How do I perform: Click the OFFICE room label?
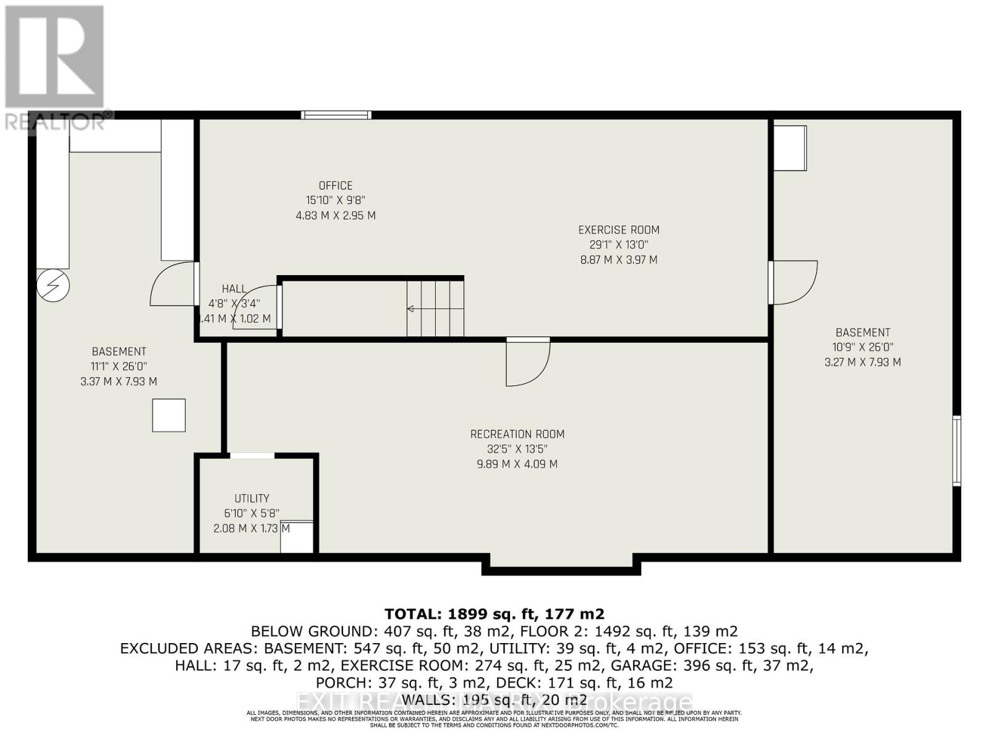point(336,185)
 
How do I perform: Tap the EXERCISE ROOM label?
point(619,230)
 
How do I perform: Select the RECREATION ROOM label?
point(517,434)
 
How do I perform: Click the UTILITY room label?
point(252,498)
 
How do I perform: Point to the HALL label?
point(234,289)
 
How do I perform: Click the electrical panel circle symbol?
point(53,286)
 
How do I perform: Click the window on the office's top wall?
point(336,115)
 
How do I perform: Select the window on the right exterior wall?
point(956,451)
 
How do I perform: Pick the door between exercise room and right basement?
point(794,283)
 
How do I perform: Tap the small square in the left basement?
point(169,415)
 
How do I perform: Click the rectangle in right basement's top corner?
point(790,148)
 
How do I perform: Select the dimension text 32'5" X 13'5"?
point(517,450)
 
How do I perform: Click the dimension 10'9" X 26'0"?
point(862,348)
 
